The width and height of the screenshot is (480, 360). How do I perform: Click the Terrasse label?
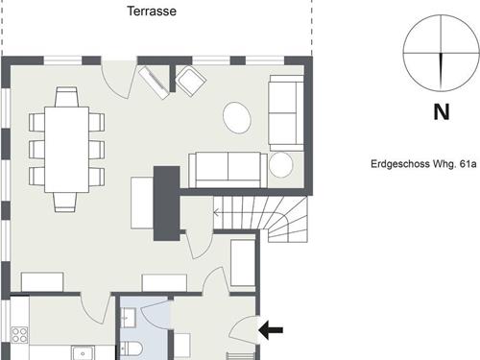tap(152, 12)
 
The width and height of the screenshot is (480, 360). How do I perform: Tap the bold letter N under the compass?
tap(442, 112)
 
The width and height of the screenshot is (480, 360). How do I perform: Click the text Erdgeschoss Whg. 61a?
tap(423, 164)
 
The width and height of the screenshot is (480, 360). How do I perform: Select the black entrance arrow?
tap(271, 330)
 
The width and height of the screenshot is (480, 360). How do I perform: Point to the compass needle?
tap(442, 71)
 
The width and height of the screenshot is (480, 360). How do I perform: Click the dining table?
tap(66, 149)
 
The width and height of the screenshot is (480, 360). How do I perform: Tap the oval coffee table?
tap(237, 117)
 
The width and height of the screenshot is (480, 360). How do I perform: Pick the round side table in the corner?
tap(281, 165)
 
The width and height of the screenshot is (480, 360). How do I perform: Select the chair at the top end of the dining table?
tap(66, 97)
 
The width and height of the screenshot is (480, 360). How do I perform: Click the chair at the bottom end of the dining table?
tap(65, 202)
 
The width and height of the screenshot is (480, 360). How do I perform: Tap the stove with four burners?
tap(19, 335)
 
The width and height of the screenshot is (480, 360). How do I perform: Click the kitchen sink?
tap(83, 352)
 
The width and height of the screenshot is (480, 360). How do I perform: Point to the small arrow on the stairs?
tap(217, 212)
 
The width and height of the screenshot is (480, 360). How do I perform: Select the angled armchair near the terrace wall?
tap(190, 82)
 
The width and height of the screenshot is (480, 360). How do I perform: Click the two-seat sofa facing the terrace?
tap(228, 170)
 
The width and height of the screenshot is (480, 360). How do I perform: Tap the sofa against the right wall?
tap(286, 113)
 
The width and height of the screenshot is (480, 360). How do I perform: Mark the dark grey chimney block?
tap(167, 204)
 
